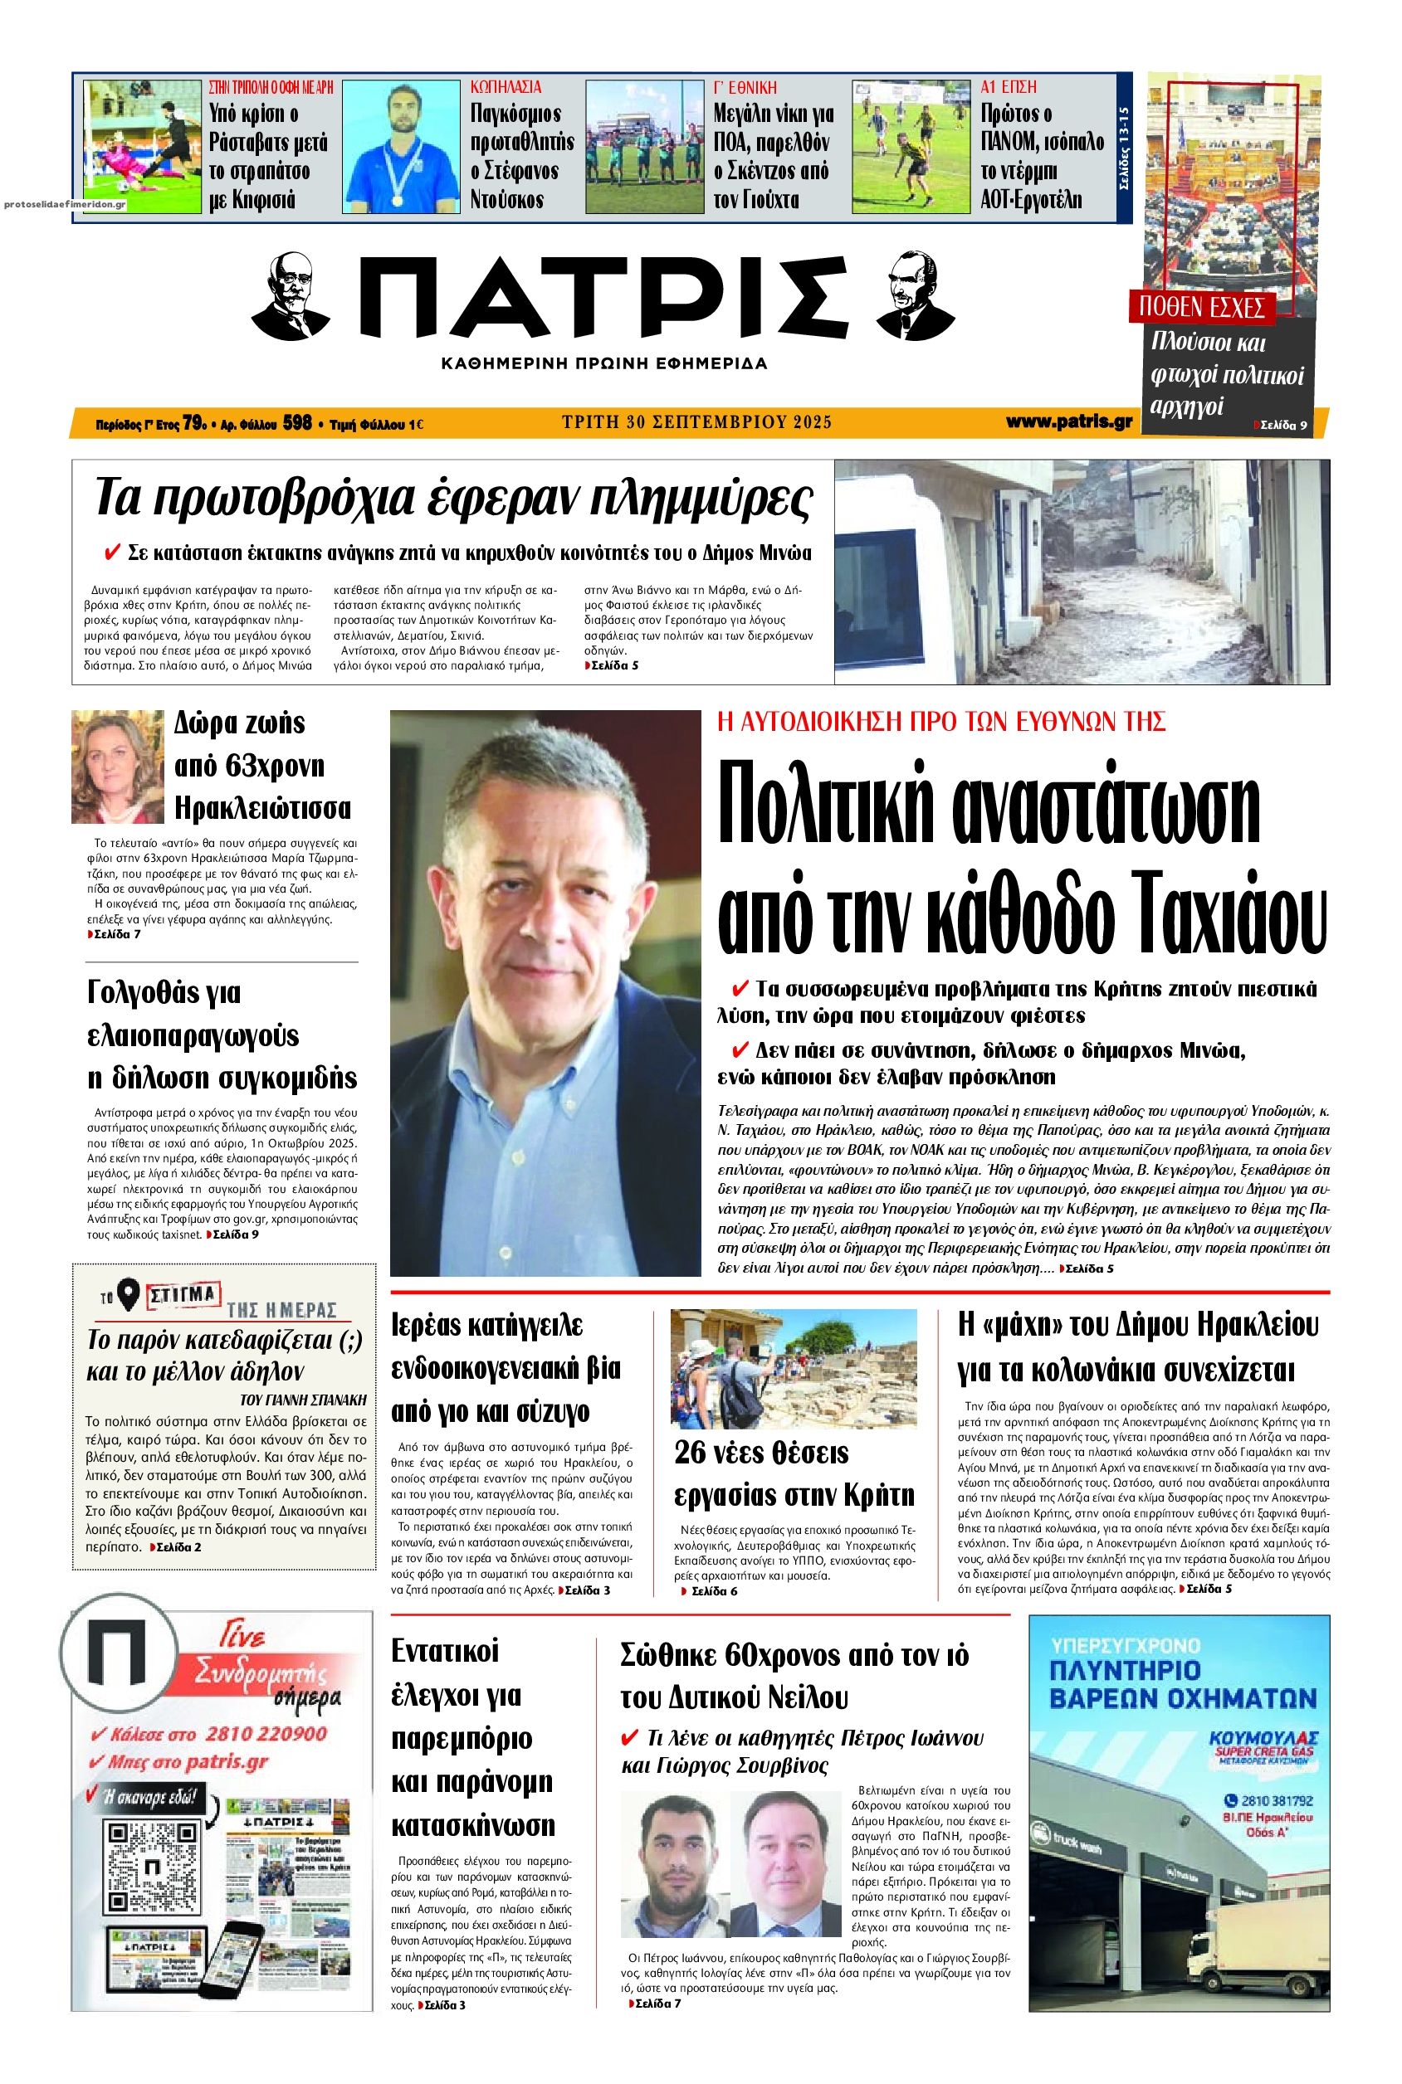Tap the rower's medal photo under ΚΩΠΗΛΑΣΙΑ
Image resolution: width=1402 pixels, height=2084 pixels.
point(401,144)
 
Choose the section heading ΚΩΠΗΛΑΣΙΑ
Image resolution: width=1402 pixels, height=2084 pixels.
point(506,88)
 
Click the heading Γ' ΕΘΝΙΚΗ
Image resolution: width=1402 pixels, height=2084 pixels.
point(745,88)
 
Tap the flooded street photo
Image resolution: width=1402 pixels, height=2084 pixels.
point(1081,572)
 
